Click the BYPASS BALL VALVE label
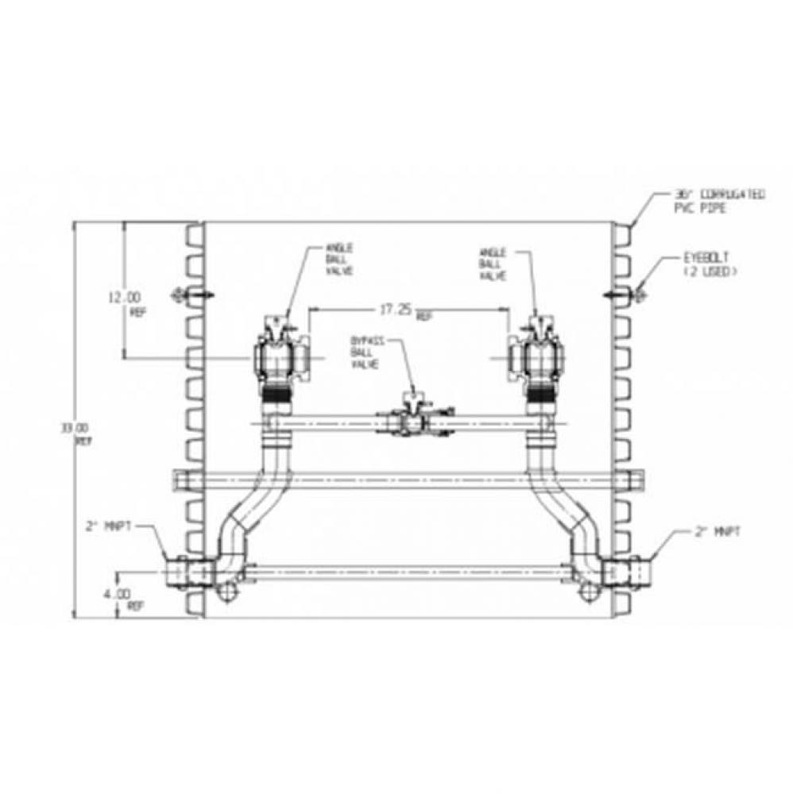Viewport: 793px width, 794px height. point(367,352)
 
